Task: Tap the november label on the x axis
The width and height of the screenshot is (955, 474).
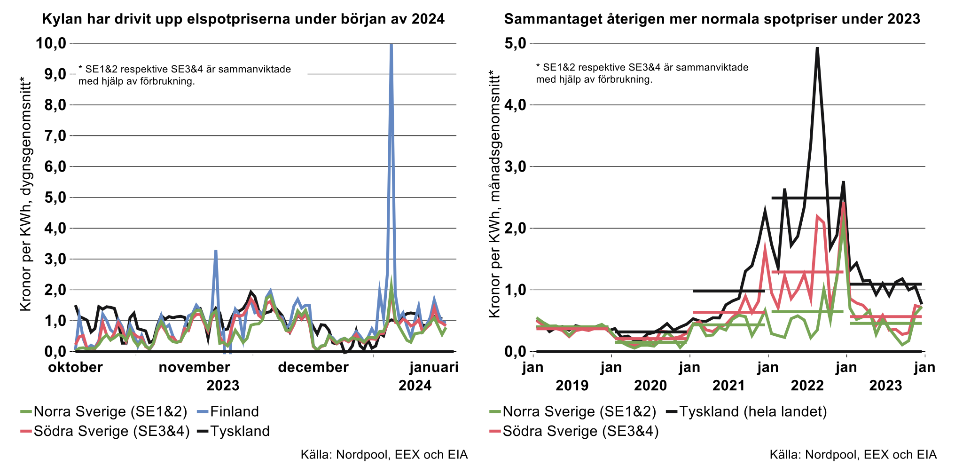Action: (194, 367)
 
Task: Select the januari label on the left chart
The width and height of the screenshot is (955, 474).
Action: (434, 367)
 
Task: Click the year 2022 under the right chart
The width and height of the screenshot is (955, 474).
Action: (807, 386)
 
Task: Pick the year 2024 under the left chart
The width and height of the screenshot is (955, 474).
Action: (415, 386)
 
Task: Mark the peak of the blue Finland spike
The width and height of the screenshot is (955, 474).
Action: (391, 45)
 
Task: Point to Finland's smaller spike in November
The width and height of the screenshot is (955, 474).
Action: (216, 251)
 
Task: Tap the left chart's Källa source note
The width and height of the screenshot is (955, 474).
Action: (384, 455)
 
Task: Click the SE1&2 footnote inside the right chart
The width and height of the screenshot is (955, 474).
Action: (642, 73)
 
